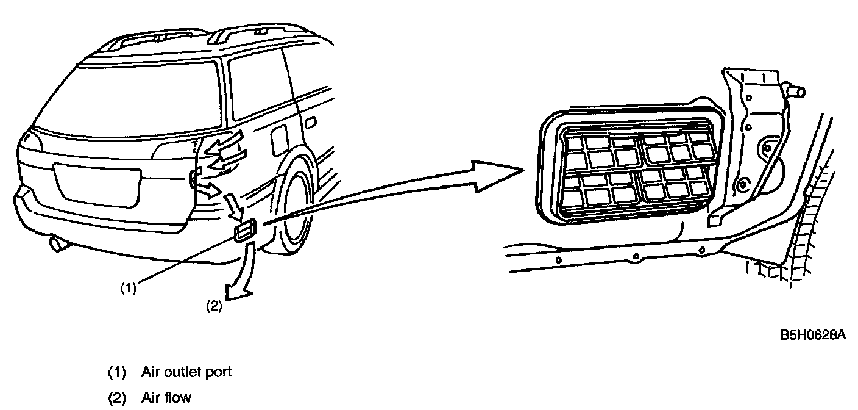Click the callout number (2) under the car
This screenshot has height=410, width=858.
(x=213, y=307)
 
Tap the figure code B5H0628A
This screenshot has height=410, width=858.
(x=814, y=336)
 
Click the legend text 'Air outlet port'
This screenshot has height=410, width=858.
(x=186, y=372)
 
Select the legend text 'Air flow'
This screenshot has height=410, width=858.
(x=166, y=398)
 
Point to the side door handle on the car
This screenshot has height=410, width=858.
(x=310, y=124)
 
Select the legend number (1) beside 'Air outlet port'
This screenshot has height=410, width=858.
(x=116, y=372)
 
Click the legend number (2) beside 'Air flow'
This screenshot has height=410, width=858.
(x=116, y=398)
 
